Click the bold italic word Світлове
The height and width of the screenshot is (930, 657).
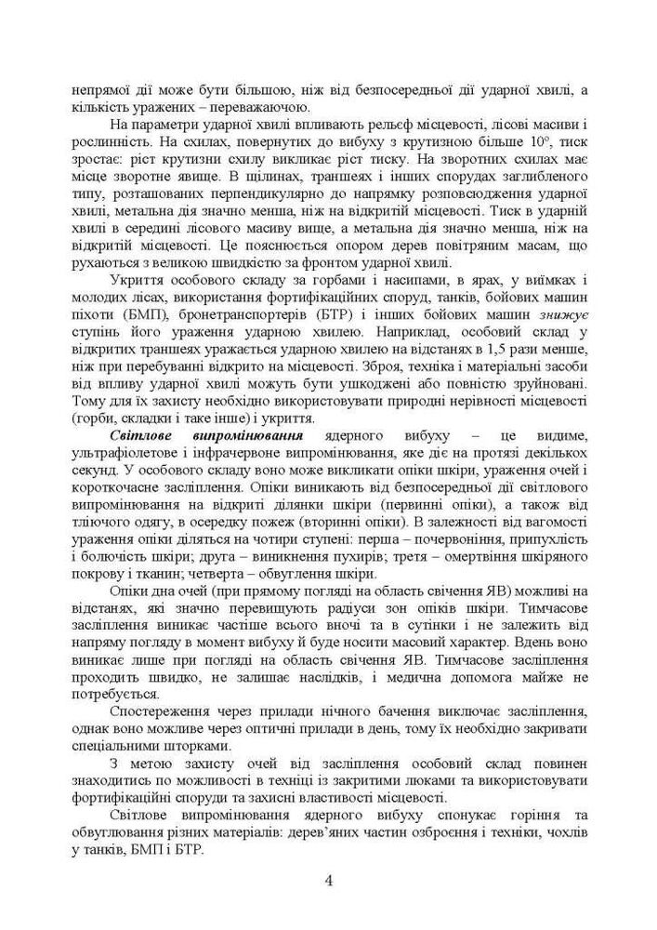pyautogui.click(x=145, y=436)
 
